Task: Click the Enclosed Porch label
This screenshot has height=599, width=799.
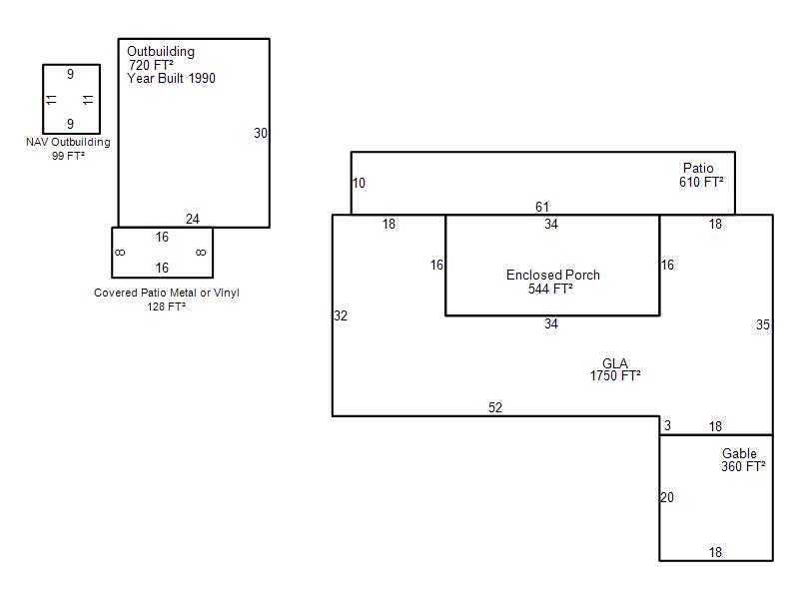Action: (x=552, y=276)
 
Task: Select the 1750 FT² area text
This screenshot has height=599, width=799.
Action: (x=614, y=376)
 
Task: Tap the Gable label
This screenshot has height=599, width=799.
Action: (x=739, y=453)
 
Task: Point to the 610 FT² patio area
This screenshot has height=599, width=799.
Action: (x=701, y=182)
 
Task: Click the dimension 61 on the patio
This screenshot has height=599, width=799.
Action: (x=542, y=208)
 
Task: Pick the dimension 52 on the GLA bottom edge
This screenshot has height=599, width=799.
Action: (x=495, y=407)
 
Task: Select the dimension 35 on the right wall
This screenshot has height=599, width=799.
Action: (x=763, y=324)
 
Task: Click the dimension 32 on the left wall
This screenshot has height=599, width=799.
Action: (x=341, y=315)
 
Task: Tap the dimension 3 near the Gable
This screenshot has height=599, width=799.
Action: (x=667, y=426)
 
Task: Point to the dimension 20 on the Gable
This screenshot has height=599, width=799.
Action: (x=667, y=497)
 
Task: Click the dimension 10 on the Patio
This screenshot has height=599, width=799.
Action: (x=360, y=183)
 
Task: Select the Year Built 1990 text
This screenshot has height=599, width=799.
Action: (x=171, y=78)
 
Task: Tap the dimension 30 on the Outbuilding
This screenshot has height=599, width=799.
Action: (x=261, y=133)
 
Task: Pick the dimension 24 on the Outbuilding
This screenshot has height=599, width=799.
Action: (x=193, y=220)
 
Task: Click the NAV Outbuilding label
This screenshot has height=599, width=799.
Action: (x=68, y=143)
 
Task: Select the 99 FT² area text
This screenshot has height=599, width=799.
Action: (x=68, y=156)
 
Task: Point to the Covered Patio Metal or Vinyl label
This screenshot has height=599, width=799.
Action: (x=167, y=294)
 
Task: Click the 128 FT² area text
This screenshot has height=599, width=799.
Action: (x=166, y=306)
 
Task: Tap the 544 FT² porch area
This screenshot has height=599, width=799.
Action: (x=550, y=290)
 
